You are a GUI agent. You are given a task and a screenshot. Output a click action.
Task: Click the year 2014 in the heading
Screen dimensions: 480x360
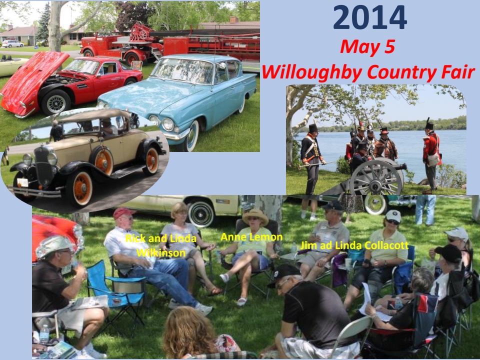[x=370, y=17]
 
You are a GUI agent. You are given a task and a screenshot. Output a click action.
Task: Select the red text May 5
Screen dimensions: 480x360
[x=367, y=47]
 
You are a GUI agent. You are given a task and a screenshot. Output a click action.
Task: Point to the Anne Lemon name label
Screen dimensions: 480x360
[x=251, y=237]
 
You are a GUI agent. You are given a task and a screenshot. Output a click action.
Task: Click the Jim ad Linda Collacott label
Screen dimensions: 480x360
[x=354, y=245]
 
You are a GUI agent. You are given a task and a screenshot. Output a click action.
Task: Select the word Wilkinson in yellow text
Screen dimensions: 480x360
[x=161, y=253]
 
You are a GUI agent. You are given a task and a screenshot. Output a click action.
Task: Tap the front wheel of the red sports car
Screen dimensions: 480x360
[x=56, y=102]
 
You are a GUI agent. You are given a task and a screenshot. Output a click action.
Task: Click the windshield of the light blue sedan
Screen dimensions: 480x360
[x=183, y=70]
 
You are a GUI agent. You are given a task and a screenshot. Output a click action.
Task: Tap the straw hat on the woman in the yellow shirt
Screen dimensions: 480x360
[x=255, y=216]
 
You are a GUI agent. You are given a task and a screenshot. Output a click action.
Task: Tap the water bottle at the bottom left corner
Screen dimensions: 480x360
[x=44, y=333]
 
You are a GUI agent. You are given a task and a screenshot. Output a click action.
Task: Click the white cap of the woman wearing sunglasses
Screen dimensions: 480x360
[x=393, y=215]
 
